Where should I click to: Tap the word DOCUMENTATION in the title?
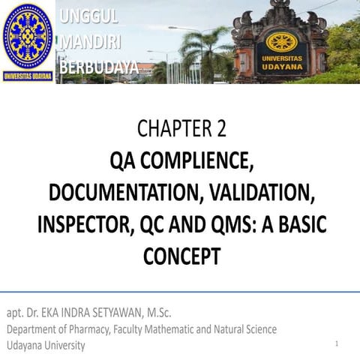pyautogui.click(x=123, y=193)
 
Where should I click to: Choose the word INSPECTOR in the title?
pyautogui.click(x=85, y=225)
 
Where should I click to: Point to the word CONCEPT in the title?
pyautogui.click(x=180, y=256)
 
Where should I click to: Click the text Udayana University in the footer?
pyautogui.click(x=46, y=346)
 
